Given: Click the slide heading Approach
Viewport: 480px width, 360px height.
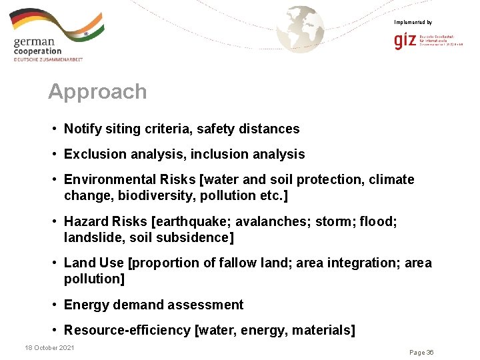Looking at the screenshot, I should click(97, 91).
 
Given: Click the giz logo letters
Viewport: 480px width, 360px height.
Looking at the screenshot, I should click(405, 41).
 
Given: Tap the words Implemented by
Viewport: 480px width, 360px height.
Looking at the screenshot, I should click(413, 23).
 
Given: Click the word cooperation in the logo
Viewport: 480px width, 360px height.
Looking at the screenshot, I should click(37, 51).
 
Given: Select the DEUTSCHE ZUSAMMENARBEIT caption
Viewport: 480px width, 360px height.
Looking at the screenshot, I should click(48, 59).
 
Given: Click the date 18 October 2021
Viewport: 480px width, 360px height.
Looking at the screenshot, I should click(49, 347).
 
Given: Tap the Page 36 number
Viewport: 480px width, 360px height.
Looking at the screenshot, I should click(421, 352).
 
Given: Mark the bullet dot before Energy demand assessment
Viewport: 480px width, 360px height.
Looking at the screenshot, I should click(53, 305).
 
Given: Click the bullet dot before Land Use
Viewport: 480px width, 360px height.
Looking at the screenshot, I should click(53, 263).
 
